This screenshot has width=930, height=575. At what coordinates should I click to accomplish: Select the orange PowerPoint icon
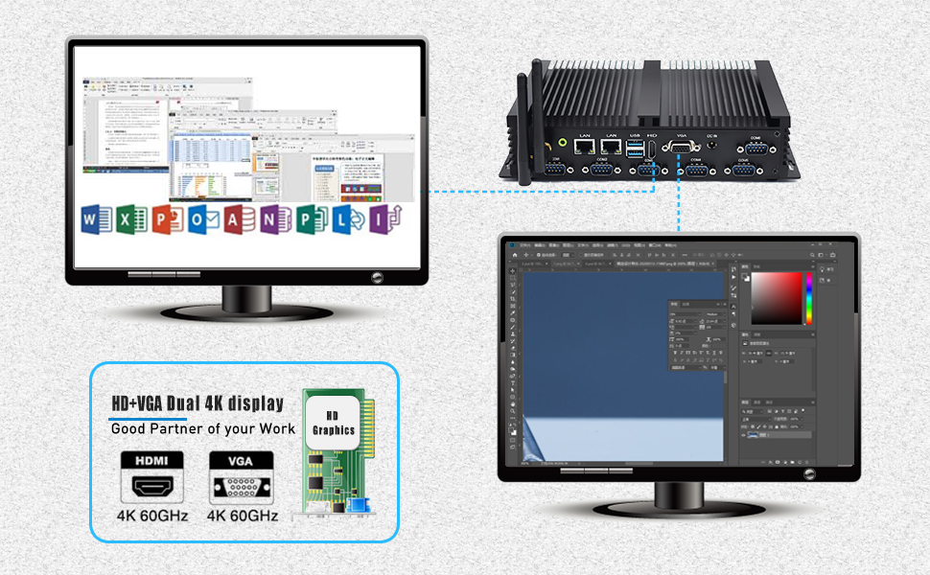pyautogui.click(x=165, y=220)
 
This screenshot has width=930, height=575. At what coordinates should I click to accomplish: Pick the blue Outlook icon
pyautogui.click(x=201, y=220)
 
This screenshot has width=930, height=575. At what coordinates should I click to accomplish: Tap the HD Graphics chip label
pyautogui.click(x=334, y=423)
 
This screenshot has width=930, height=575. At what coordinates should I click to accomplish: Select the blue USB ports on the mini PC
pyautogui.click(x=634, y=149)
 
